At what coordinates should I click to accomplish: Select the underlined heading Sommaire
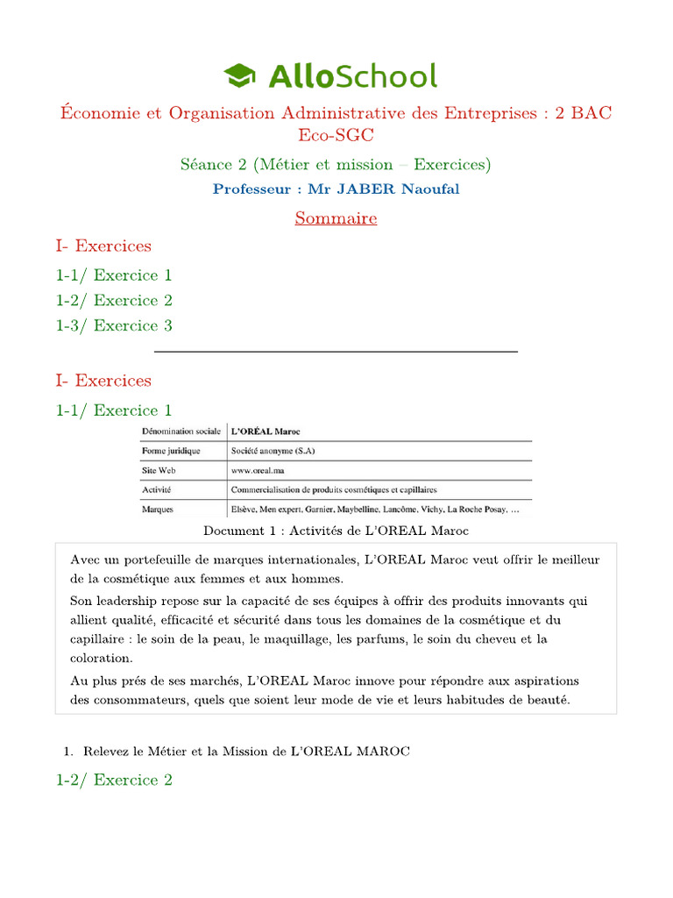pos(336,218)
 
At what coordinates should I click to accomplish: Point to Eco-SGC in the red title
pos(336,136)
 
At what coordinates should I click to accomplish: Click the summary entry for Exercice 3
pos(114,325)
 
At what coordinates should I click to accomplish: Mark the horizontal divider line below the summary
pos(336,352)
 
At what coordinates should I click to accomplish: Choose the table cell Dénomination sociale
pos(181,431)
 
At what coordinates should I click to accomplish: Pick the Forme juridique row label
pos(171,451)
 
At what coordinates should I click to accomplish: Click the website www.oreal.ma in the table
pos(259,470)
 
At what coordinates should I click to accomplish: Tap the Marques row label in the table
pos(158,509)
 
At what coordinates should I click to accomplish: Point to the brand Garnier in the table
pos(326,509)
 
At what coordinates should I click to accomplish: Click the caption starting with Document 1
pos(336,531)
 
